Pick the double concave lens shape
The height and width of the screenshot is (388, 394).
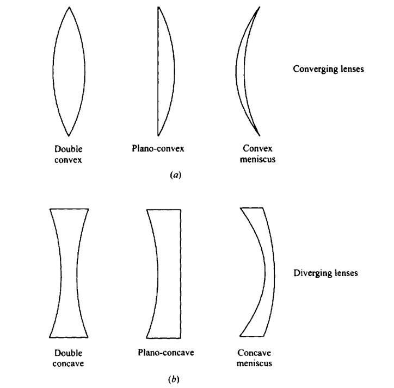pyautogui.click(x=69, y=272)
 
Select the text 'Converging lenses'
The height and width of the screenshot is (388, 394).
pyautogui.click(x=328, y=70)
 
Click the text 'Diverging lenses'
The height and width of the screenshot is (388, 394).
pyautogui.click(x=325, y=273)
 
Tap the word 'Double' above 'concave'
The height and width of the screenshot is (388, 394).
pyautogui.click(x=69, y=354)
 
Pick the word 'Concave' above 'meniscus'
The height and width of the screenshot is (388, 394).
pyautogui.click(x=254, y=354)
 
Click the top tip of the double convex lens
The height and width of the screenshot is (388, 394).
pyautogui.click(x=69, y=8)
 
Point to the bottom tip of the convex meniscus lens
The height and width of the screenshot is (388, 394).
pyautogui.click(x=259, y=135)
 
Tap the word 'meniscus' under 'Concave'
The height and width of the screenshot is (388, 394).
pyautogui.click(x=254, y=363)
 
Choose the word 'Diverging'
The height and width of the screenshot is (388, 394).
pyautogui.click(x=311, y=273)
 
